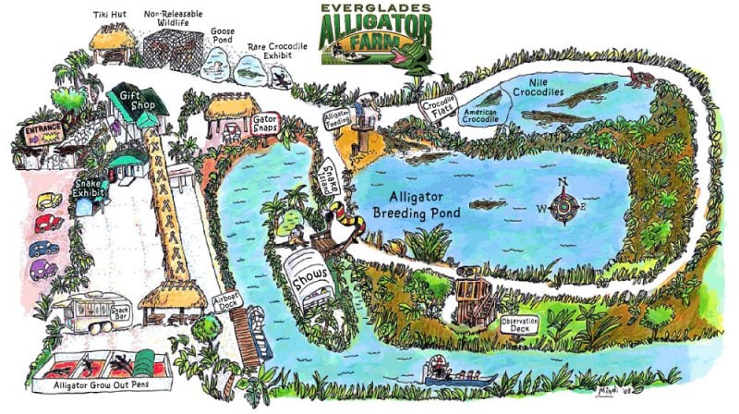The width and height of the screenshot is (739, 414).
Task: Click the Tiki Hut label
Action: pyautogui.click(x=112, y=16)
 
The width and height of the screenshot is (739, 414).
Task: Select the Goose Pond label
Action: pyautogui.click(x=223, y=36)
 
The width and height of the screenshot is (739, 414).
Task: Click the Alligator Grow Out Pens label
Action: pyautogui.click(x=109, y=385)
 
